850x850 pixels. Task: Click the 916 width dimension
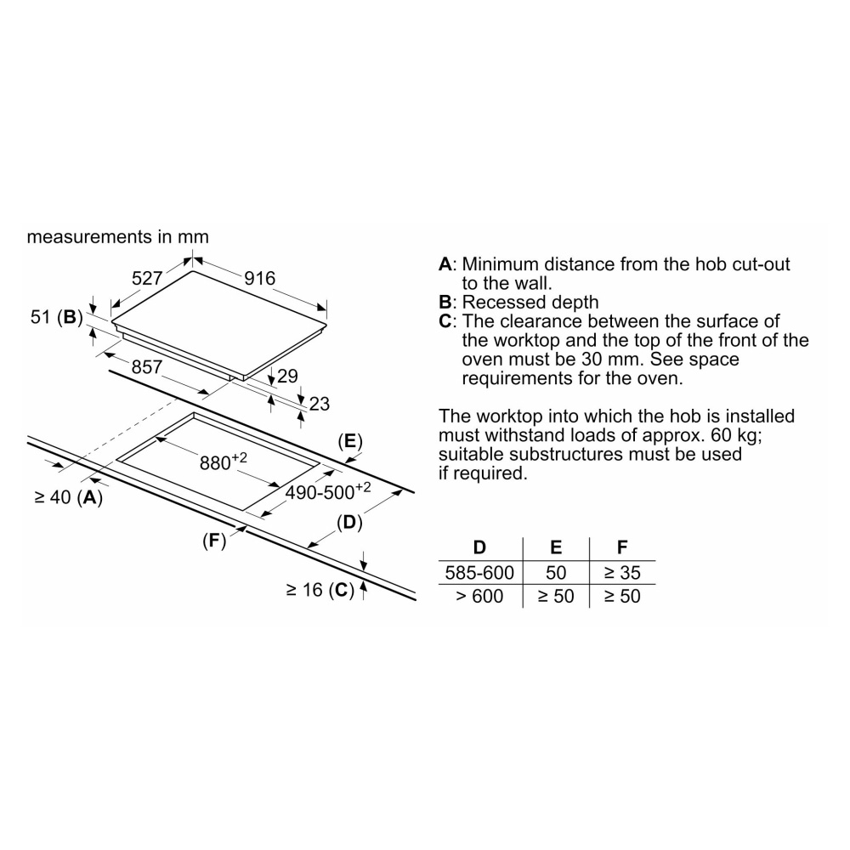point(260,279)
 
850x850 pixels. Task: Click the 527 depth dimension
point(147,279)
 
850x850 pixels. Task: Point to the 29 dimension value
point(288,375)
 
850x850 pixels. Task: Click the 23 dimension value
point(319,405)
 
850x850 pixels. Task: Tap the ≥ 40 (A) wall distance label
point(68,498)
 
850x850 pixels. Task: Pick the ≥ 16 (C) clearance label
point(319,590)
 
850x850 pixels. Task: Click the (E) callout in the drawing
point(350,441)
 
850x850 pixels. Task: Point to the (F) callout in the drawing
point(214,540)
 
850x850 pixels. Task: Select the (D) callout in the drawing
point(349,524)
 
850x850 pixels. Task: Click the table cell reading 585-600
point(479,573)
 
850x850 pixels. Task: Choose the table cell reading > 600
point(479,597)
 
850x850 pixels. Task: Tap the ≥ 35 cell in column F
point(621,573)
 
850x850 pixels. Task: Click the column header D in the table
point(479,548)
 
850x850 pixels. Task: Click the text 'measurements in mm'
point(117,236)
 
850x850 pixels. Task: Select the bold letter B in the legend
point(445,303)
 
